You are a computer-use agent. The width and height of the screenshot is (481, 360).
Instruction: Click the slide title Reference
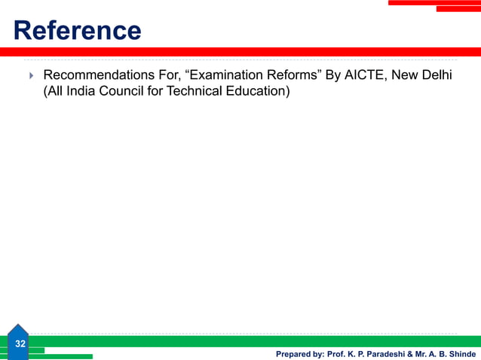[78, 31]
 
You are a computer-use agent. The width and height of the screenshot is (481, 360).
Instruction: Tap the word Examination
[224, 75]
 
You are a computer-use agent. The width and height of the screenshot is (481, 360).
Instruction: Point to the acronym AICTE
[365, 75]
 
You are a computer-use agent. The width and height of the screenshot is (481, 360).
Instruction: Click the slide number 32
[20, 343]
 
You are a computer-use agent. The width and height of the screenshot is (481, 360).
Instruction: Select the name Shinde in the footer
[459, 353]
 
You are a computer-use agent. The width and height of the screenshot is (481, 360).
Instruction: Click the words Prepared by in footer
[299, 353]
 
